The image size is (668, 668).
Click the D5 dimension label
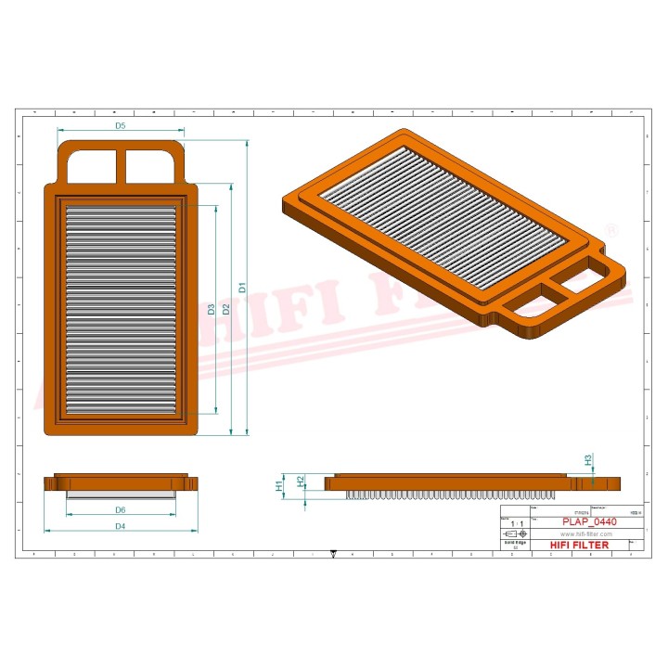pyautogui.click(x=121, y=124)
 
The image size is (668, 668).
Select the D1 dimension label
pyautogui.click(x=242, y=288)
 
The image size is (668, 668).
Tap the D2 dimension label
pyautogui.click(x=226, y=307)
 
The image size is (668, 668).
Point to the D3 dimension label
pyautogui.click(x=212, y=309)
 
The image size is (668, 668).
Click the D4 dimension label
pyautogui.click(x=121, y=526)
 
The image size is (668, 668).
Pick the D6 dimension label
pyautogui.click(x=121, y=510)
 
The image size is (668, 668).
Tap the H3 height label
pyautogui.click(x=587, y=459)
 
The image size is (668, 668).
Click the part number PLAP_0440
pyautogui.click(x=588, y=522)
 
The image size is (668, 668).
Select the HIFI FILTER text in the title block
pyautogui.click(x=580, y=545)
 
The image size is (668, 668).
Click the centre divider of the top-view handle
pyautogui.click(x=121, y=166)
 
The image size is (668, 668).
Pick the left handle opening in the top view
pyautogui.click(x=93, y=165)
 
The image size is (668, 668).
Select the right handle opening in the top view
pyautogui.click(x=149, y=165)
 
